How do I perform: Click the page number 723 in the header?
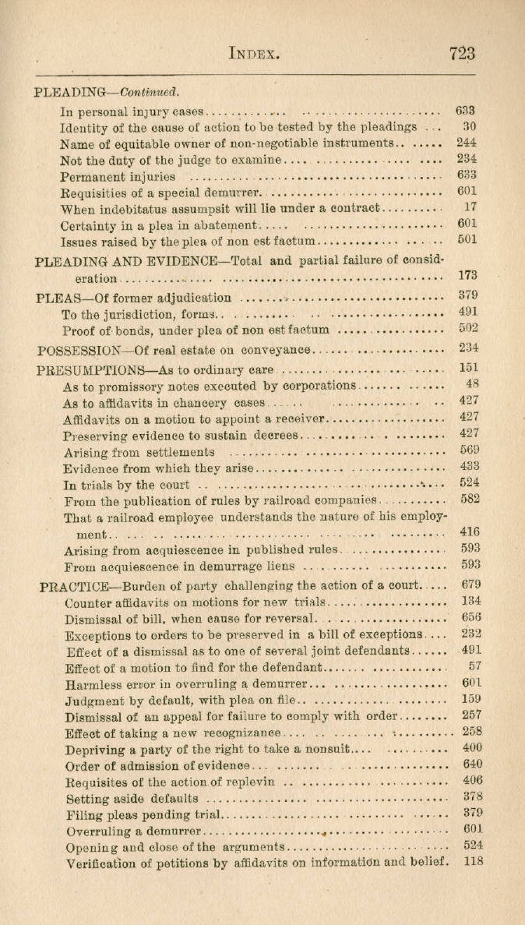coord(462,53)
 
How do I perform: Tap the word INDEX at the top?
coord(254,54)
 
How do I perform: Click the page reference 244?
coord(467,143)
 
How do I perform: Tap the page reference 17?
coord(470,208)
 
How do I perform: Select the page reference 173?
coord(467,275)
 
